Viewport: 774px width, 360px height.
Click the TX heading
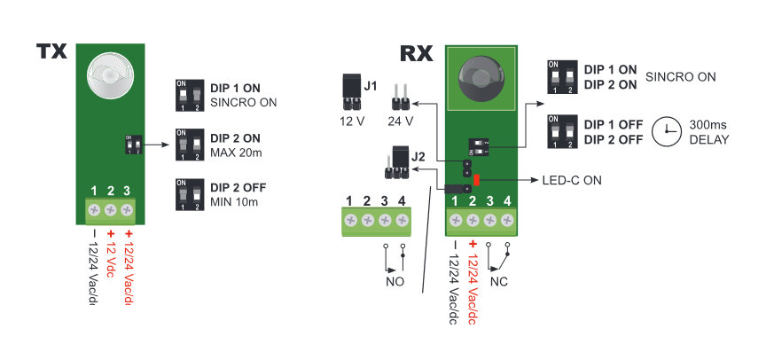52,52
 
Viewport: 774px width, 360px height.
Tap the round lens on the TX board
109,74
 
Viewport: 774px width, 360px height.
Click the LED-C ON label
572,180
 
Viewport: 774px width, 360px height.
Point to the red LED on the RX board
477,180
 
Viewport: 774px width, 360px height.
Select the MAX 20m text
237,154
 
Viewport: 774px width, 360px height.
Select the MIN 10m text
235,201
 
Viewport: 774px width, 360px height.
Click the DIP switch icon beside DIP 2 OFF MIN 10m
189,193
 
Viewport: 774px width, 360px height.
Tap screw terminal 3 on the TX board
128,210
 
